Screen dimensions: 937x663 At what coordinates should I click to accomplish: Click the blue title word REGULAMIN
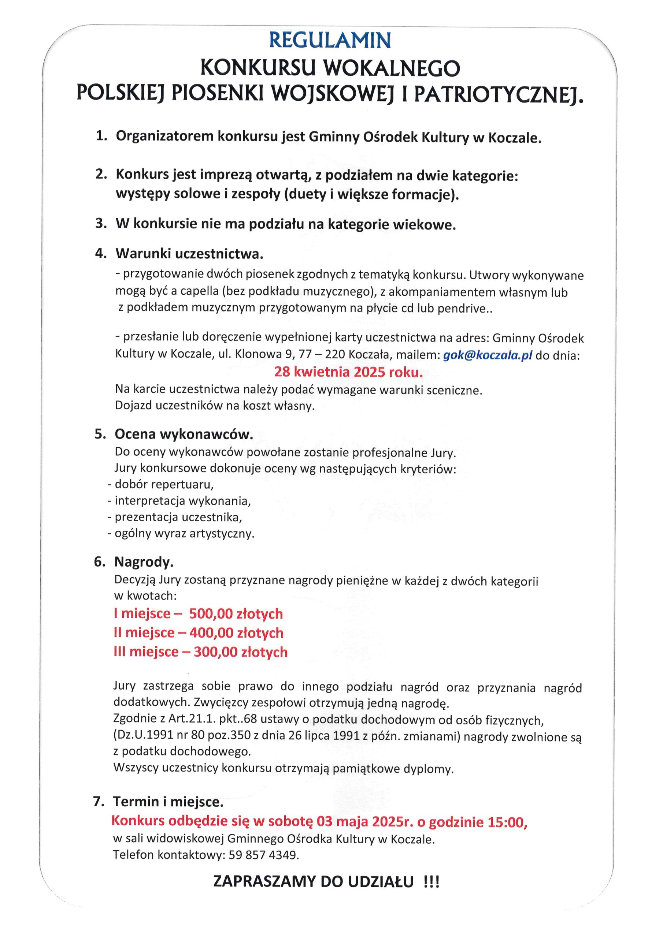click(330, 40)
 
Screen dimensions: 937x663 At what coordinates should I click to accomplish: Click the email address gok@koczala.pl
click(487, 355)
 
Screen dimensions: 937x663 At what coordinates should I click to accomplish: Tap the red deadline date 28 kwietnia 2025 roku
click(348, 372)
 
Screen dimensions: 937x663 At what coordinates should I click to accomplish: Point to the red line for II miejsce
click(198, 633)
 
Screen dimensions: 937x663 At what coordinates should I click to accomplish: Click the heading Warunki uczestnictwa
click(189, 254)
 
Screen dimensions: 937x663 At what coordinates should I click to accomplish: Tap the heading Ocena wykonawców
click(184, 434)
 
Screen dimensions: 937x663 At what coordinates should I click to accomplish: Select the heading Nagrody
click(144, 562)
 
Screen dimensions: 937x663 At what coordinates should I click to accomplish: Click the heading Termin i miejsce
click(168, 802)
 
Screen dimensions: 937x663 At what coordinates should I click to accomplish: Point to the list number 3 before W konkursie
click(100, 224)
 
